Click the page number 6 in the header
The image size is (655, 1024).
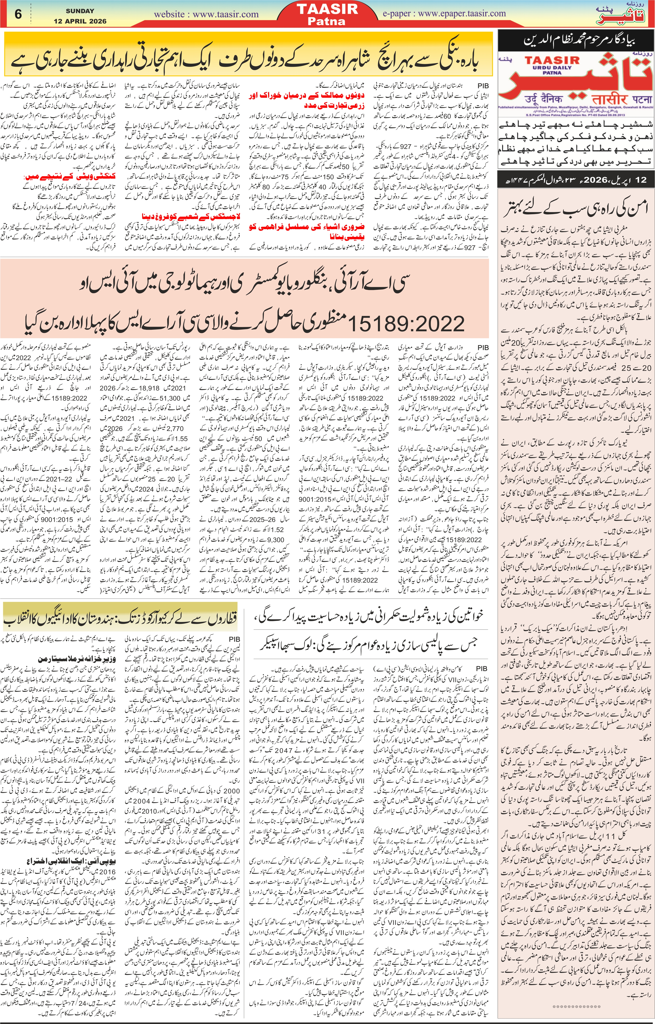tap(18, 14)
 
